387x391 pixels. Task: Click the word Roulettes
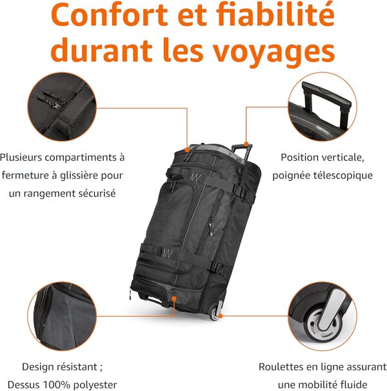point(283,366)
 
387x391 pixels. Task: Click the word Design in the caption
point(38,366)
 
